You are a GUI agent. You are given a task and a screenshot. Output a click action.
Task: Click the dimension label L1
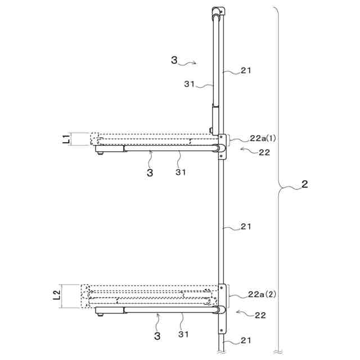point(66,139)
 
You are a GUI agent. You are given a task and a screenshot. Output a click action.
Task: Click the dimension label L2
point(57,295)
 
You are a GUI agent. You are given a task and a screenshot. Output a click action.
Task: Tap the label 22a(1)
point(263,138)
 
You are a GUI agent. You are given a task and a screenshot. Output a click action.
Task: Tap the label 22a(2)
point(262,294)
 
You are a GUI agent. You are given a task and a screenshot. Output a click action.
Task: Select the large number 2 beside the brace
point(304,184)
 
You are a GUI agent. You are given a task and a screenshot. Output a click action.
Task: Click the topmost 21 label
point(246,70)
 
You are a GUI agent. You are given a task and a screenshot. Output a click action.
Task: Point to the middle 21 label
point(246,227)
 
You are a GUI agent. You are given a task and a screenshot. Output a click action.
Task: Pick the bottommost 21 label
point(246,340)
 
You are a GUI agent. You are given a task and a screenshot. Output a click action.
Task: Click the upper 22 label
point(264,152)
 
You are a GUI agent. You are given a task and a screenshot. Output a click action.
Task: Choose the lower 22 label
point(260,315)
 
